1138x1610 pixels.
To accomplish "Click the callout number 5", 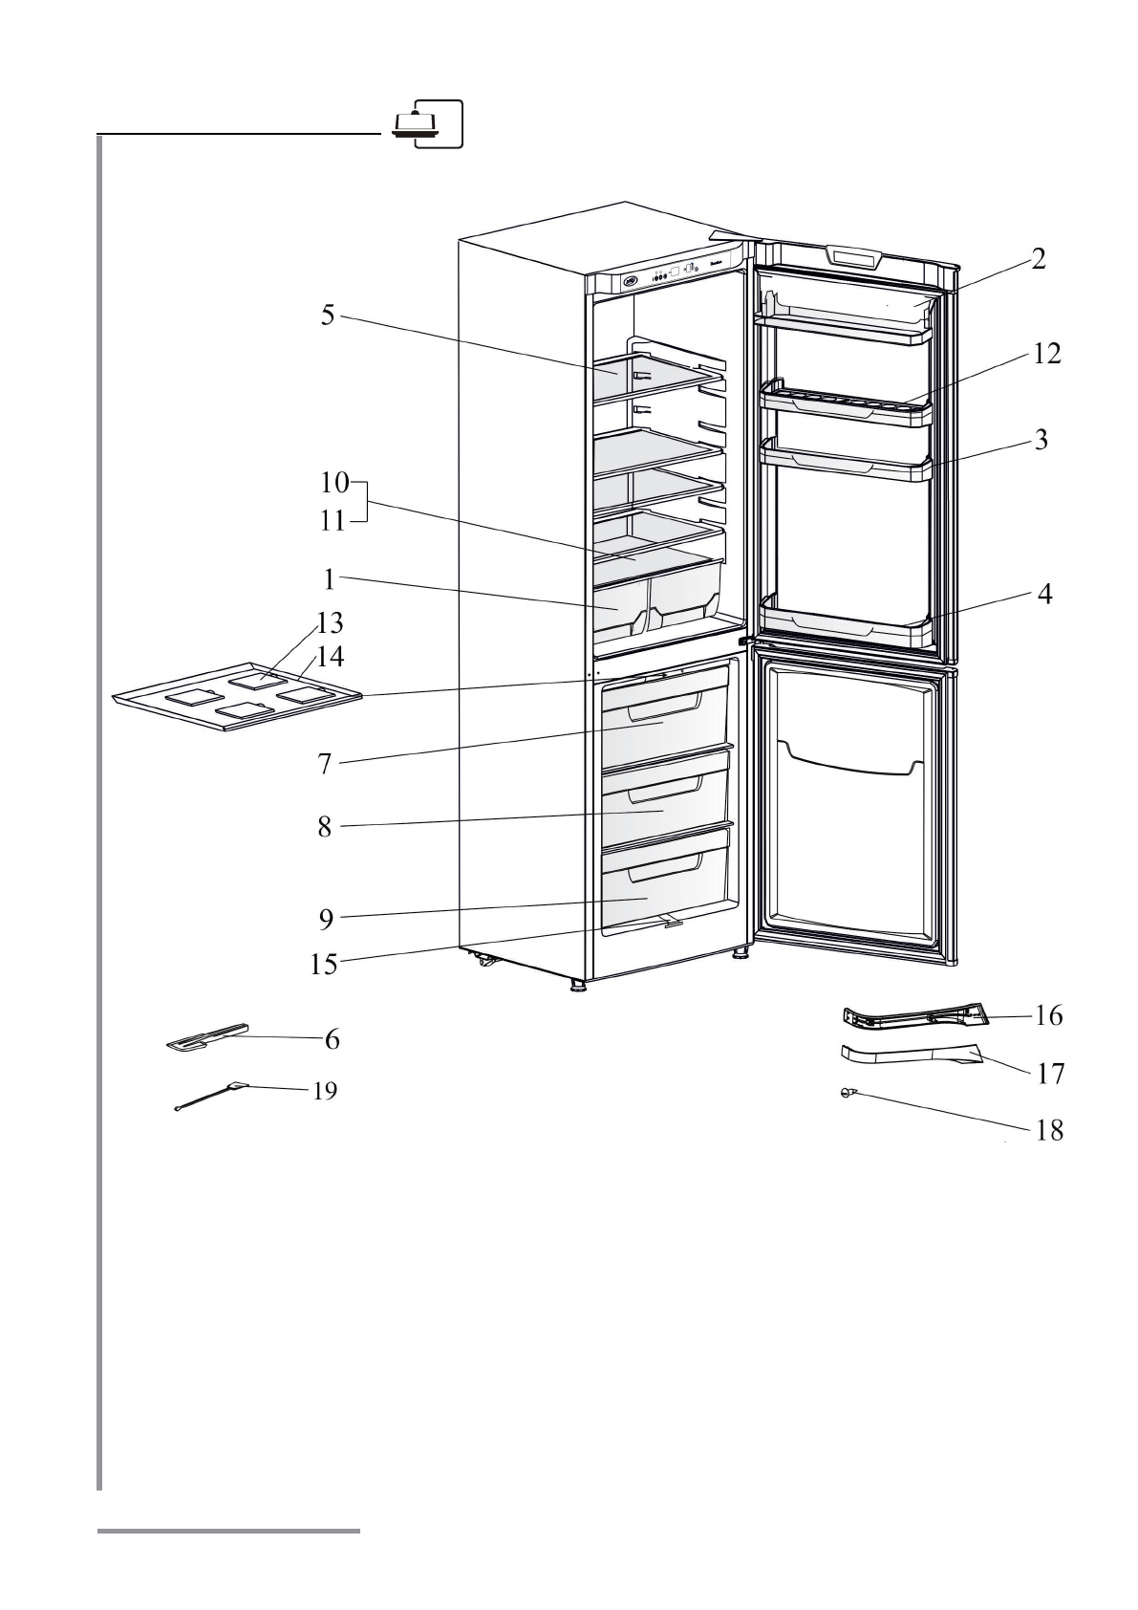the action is click(328, 315).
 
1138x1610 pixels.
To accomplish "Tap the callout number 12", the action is click(1046, 354).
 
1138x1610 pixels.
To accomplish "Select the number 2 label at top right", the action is click(1038, 259).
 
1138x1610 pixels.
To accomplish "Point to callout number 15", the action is click(324, 965).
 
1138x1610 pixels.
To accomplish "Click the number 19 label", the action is click(325, 1091).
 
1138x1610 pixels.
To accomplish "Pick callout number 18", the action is click(1049, 1131).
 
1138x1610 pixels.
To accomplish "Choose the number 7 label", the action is click(325, 764).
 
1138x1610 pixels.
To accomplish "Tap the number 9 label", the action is click(326, 920).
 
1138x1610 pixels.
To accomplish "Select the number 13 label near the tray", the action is click(331, 623).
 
